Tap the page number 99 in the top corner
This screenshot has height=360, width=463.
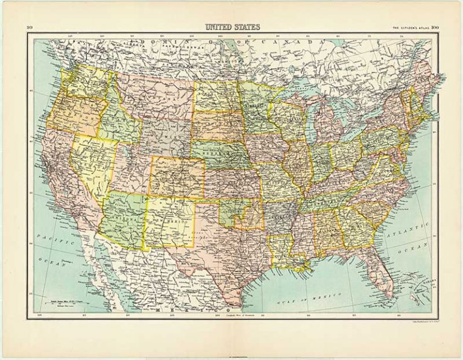click(x=29, y=27)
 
